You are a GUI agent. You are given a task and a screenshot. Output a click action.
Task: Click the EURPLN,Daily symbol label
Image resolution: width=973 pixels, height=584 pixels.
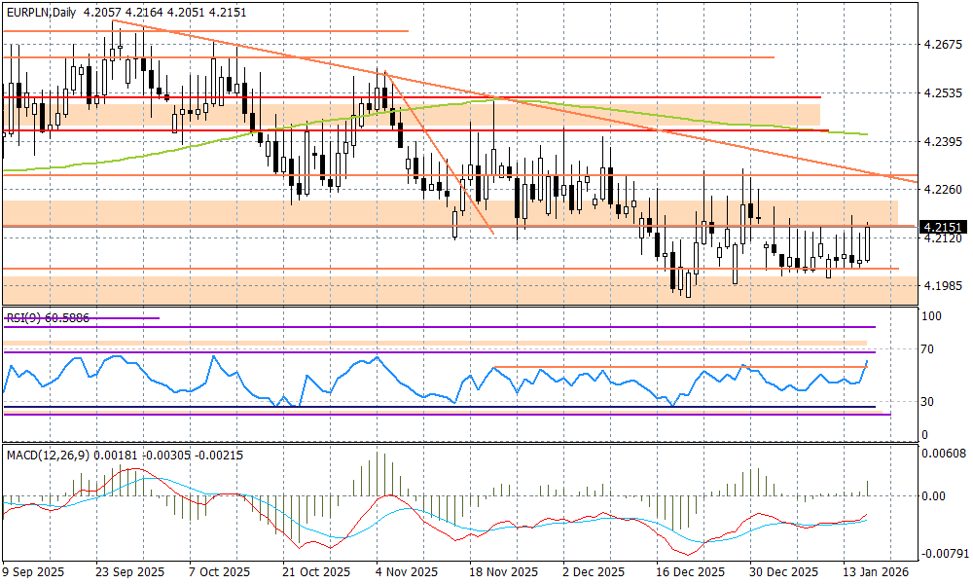40,11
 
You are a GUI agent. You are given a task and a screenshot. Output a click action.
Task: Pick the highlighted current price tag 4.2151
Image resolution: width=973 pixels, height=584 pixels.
943,226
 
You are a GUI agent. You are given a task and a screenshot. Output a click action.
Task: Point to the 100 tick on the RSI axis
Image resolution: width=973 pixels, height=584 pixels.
931,316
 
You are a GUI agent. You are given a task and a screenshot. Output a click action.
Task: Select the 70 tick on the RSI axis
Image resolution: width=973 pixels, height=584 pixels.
928,348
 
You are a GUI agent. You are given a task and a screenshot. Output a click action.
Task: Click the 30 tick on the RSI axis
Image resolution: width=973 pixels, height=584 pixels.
928,401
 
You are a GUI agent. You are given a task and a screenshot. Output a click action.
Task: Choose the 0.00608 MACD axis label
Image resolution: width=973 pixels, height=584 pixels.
943,455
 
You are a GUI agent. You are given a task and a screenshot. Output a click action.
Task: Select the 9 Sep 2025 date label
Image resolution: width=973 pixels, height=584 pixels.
34,572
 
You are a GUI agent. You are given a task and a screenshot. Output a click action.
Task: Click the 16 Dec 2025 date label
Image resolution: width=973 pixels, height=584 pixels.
690,572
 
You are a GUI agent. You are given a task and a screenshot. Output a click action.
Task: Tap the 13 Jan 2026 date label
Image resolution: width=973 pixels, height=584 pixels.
877,572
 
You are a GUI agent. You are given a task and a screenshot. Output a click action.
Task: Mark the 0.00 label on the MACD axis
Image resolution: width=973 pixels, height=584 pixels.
934,495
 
